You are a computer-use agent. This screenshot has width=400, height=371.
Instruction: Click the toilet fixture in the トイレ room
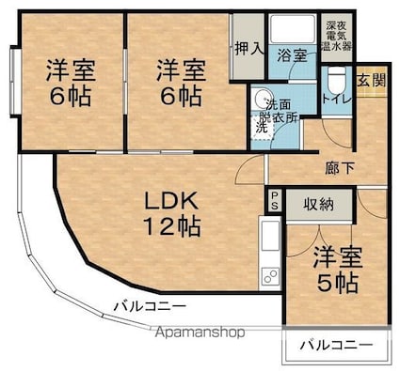337,80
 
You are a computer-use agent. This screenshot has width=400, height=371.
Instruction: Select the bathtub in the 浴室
293,28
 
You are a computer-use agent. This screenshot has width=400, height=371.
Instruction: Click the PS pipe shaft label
275,201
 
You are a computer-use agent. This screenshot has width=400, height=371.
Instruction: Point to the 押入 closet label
249,49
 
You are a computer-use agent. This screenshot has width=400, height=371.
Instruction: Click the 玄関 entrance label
371,81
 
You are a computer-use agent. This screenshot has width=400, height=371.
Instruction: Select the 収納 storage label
318,205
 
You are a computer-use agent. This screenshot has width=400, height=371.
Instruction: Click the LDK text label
171,201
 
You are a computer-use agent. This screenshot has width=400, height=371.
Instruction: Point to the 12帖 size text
172,226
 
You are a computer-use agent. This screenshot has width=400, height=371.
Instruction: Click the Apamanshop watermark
200,332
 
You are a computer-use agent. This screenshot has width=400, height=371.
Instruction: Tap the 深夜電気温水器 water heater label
337,36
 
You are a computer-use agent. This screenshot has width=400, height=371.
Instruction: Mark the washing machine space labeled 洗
264,128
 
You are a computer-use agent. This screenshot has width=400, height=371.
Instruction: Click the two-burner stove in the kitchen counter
270,276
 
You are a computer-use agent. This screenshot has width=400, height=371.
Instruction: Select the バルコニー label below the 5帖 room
337,346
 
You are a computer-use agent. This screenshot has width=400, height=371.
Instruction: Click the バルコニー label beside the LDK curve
150,305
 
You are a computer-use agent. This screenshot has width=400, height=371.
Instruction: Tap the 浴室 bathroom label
292,56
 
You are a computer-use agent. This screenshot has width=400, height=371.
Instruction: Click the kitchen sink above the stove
270,236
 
